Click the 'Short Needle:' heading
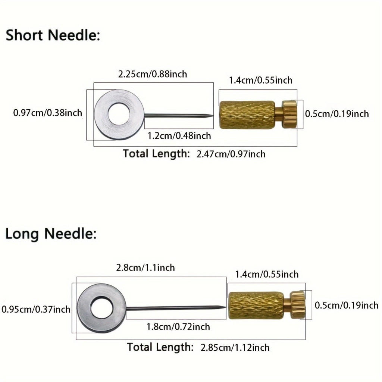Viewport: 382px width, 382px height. click(53, 35)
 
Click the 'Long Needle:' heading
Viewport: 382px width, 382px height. click(51, 234)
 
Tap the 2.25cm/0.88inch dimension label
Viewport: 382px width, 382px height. click(153, 74)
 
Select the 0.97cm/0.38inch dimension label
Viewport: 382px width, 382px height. click(48, 112)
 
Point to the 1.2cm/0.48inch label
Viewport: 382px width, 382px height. click(179, 135)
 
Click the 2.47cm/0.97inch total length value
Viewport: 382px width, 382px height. click(231, 154)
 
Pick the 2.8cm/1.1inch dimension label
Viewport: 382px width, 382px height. click(145, 267)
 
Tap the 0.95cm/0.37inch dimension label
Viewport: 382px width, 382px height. click(36, 309)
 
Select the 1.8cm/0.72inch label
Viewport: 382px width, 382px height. click(178, 327)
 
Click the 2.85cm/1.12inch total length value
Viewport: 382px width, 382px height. click(235, 347)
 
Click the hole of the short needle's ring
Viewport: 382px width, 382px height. click(119, 115)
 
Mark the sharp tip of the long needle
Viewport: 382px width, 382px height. click(225, 307)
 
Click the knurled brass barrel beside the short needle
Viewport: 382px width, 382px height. click(247, 115)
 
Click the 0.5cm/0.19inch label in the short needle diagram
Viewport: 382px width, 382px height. click(337, 114)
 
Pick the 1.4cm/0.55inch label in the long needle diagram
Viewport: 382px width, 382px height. click(267, 274)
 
